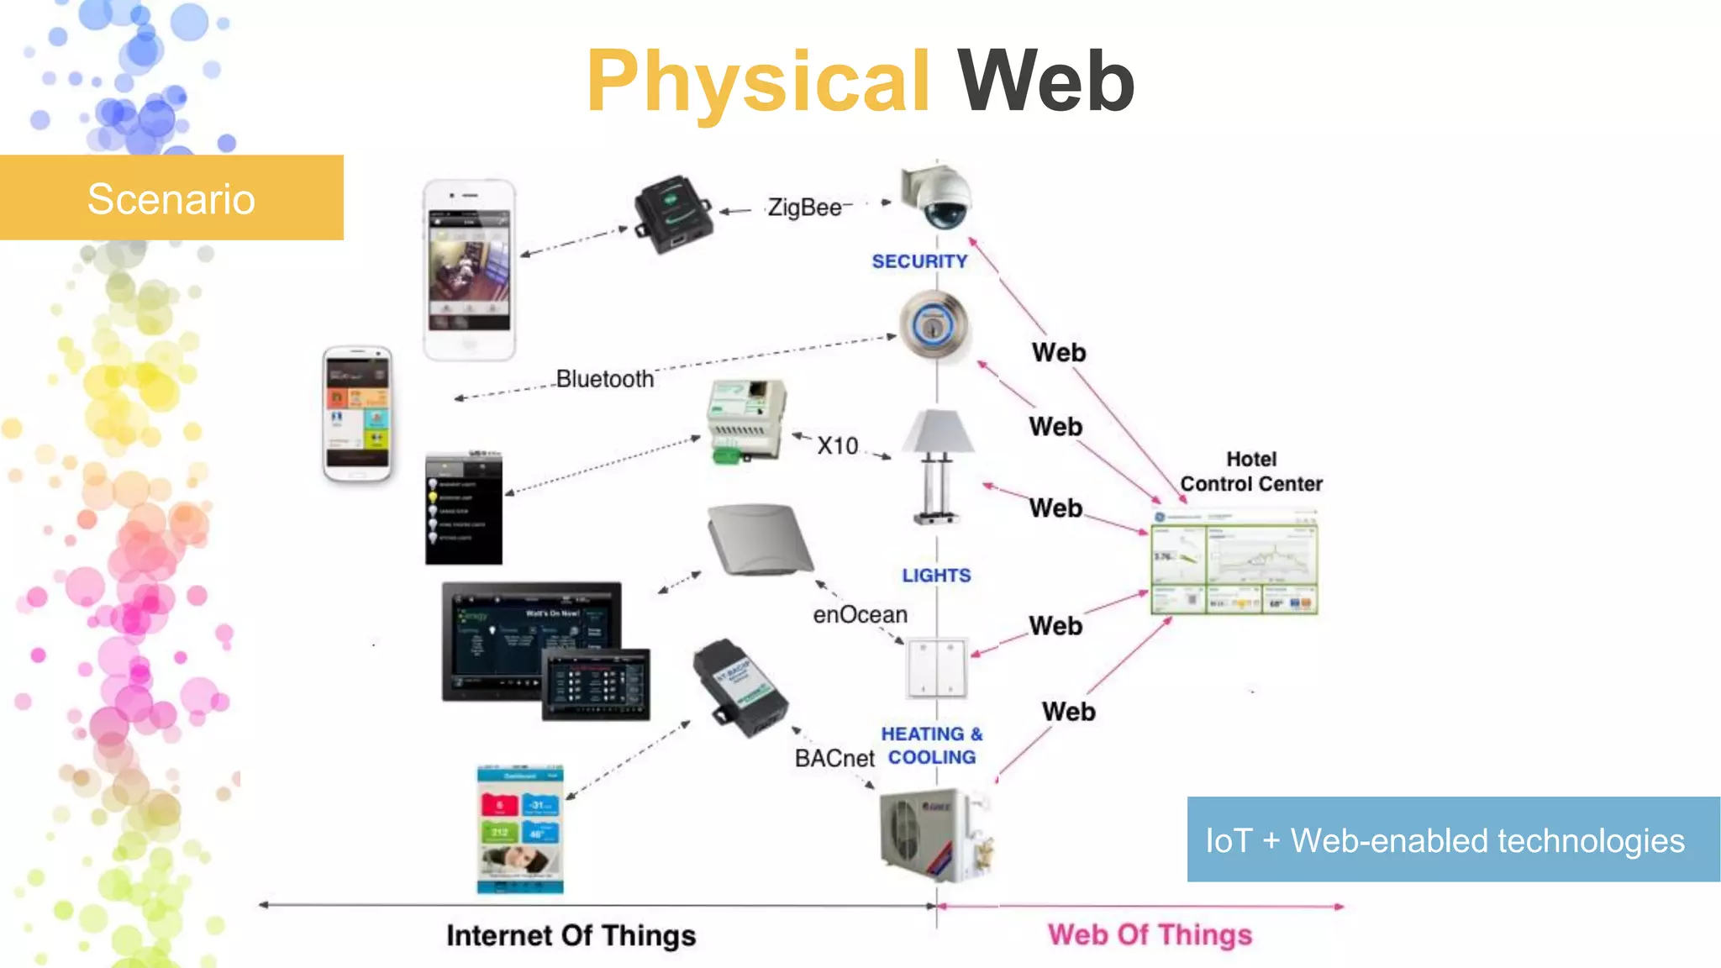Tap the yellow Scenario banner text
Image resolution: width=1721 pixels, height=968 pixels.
(171, 199)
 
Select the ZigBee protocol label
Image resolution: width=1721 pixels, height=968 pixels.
(804, 208)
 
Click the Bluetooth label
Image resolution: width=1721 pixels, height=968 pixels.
(604, 379)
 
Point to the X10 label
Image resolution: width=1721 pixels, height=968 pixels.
(838, 445)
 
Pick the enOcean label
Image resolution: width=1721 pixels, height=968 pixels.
(860, 615)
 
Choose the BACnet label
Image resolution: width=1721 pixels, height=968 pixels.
(834, 758)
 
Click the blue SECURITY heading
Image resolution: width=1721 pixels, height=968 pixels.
(919, 261)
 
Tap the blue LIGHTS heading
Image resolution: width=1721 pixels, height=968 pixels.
(936, 576)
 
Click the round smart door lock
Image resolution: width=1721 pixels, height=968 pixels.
(933, 325)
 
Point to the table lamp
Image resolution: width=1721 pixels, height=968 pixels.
(938, 466)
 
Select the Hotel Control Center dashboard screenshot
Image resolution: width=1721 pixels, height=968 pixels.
(1234, 563)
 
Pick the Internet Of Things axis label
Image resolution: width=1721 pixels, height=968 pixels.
(571, 935)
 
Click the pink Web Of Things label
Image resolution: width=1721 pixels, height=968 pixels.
(1150, 934)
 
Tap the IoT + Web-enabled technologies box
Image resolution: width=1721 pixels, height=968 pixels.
(1452, 839)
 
